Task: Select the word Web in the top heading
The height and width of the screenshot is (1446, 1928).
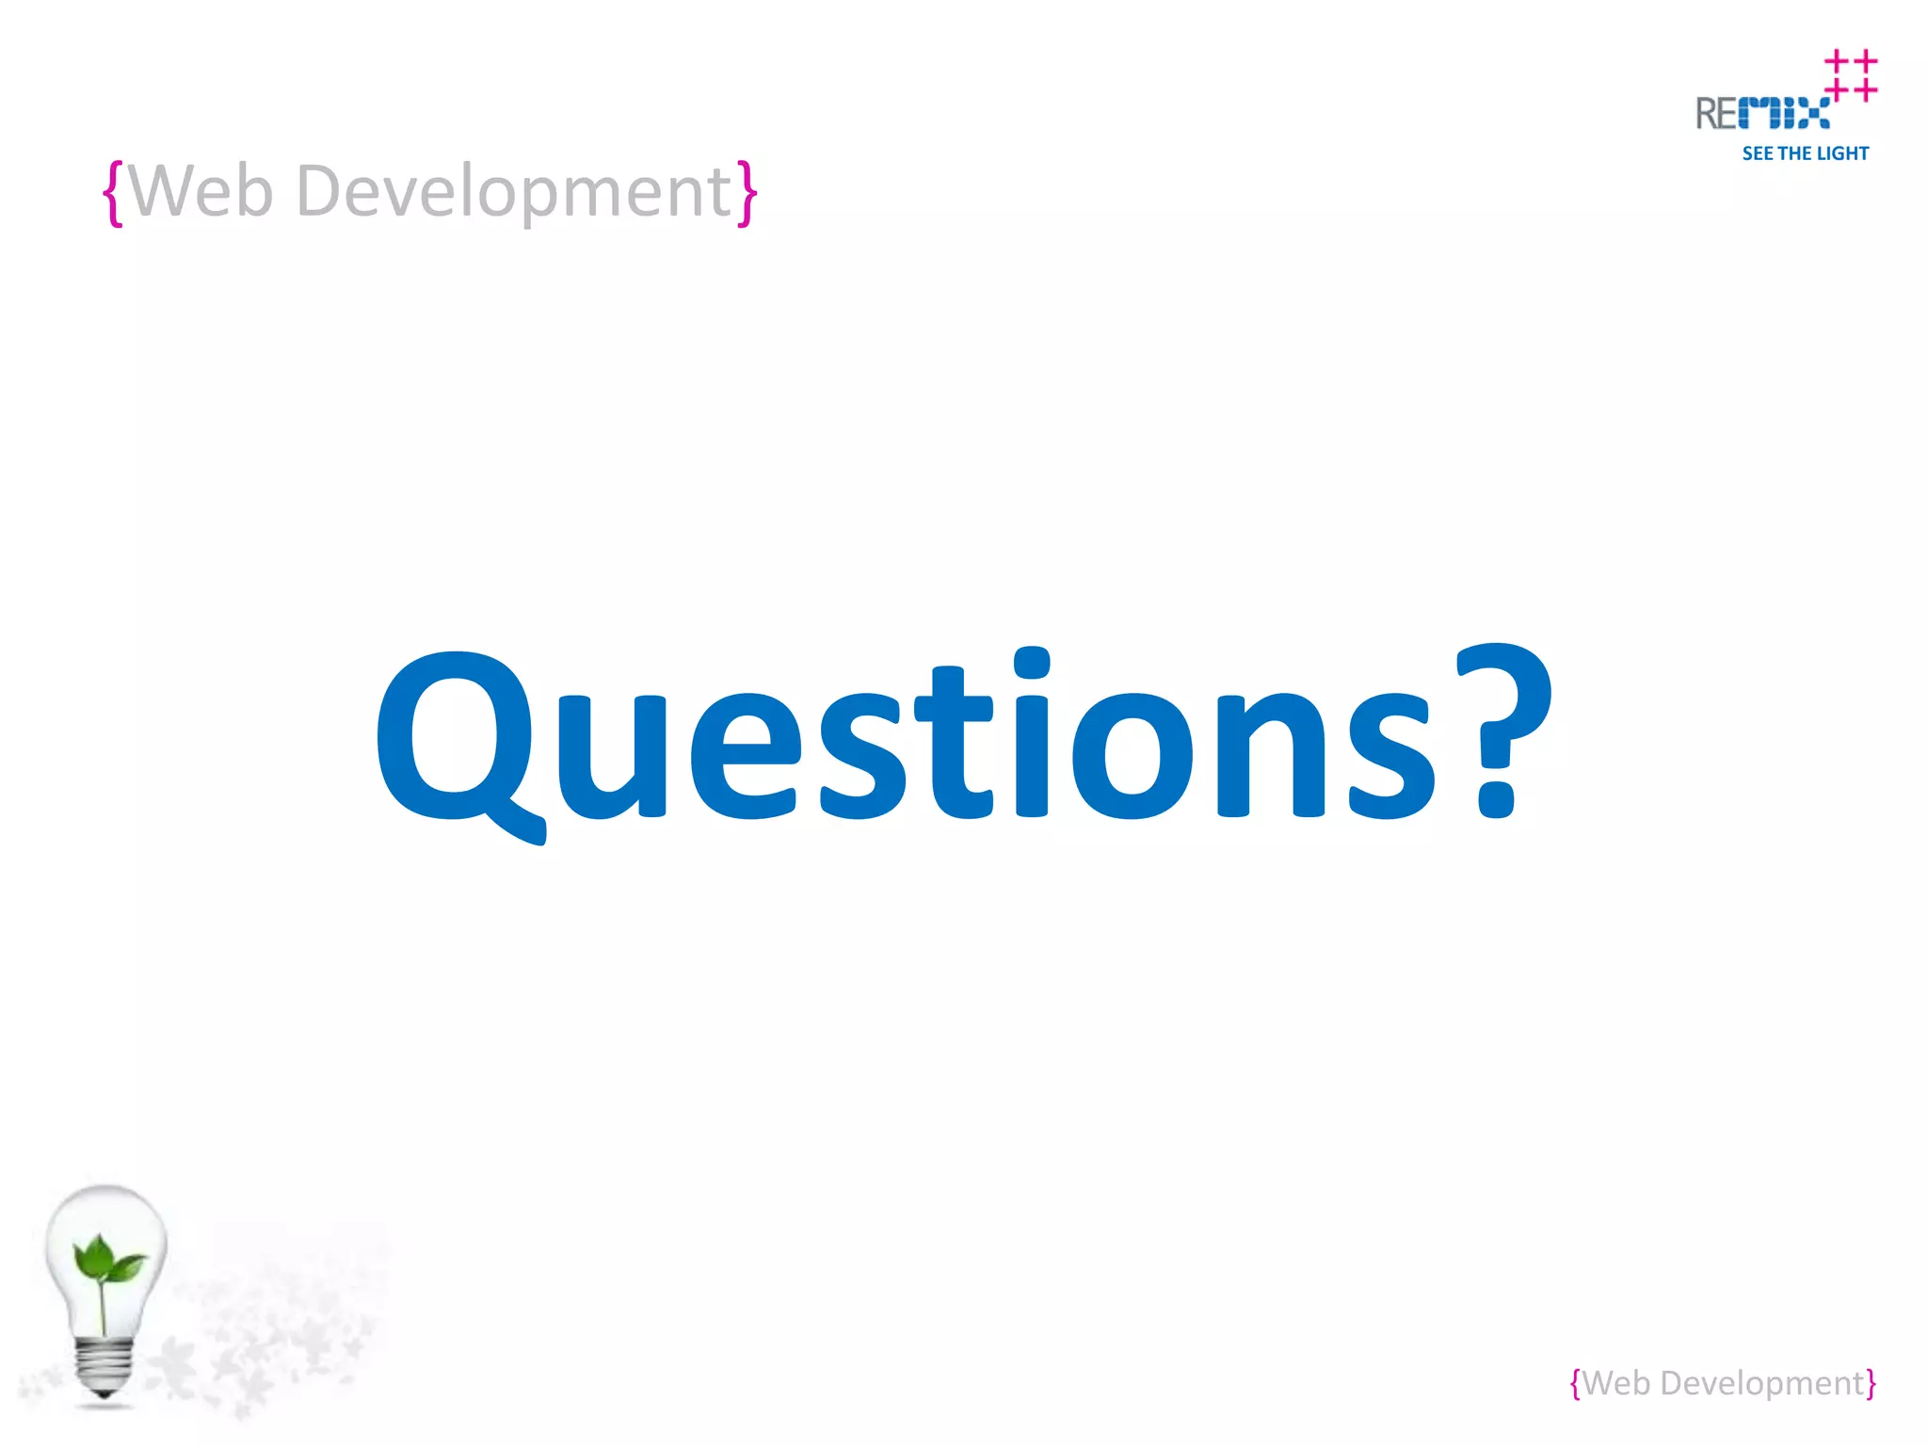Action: click(201, 191)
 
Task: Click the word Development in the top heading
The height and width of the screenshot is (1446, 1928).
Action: click(514, 193)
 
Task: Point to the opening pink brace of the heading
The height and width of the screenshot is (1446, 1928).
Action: click(113, 193)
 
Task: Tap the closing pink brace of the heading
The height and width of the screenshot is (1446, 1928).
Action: click(747, 193)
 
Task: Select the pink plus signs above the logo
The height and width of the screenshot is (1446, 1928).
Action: click(1851, 75)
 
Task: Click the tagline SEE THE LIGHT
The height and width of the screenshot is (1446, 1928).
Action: click(1805, 153)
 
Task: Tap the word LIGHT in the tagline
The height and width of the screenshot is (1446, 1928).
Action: click(1842, 153)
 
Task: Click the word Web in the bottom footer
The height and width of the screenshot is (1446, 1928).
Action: click(1616, 1383)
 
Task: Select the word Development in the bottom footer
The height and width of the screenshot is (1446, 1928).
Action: click(1761, 1384)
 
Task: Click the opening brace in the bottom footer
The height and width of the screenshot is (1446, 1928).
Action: click(1576, 1384)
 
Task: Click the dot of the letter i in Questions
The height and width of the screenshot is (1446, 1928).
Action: click(1032, 662)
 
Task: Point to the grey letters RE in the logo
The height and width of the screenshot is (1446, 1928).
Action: click(1716, 114)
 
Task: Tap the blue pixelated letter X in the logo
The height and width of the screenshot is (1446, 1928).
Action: click(1812, 114)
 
